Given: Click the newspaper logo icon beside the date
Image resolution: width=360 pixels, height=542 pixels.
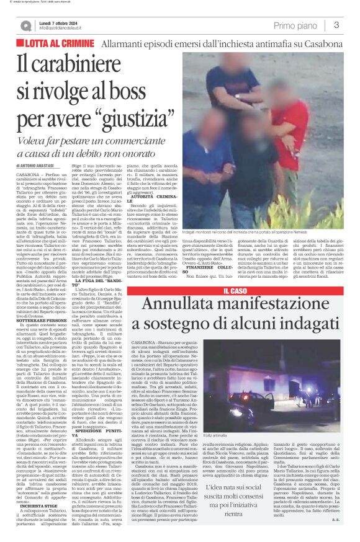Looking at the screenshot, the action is pyautogui.click(x=26, y=25).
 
